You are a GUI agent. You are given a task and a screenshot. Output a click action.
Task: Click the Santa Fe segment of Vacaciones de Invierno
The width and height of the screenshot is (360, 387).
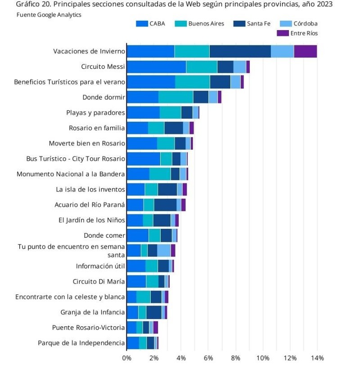240,51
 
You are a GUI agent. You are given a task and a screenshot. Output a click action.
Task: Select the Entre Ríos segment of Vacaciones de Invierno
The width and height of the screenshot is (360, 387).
305,51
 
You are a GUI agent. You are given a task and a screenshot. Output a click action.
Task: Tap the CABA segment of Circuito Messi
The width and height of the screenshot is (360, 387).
156,67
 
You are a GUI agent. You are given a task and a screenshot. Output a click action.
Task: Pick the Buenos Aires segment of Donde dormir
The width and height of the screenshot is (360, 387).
175,97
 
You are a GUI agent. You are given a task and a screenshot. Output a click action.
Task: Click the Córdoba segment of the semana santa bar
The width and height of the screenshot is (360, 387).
164,250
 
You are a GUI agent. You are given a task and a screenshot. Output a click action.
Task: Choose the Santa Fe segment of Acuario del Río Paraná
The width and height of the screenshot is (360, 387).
165,205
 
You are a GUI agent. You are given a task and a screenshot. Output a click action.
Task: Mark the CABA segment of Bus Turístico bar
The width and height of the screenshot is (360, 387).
144,159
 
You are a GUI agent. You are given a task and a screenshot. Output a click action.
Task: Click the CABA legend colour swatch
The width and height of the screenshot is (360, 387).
142,24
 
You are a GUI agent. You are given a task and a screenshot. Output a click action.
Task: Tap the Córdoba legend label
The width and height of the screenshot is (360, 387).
306,24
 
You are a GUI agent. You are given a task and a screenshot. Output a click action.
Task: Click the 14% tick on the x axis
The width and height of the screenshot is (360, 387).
317,358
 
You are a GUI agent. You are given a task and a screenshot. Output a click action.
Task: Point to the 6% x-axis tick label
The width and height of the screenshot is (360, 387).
208,358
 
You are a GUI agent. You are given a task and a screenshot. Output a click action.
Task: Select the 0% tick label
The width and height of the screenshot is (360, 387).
127,358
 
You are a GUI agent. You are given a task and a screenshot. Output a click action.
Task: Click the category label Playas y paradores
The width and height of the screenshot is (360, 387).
95,113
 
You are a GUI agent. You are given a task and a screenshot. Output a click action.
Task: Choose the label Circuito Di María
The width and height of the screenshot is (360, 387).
99,281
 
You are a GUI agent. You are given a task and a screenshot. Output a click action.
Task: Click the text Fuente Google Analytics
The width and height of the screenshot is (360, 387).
43,15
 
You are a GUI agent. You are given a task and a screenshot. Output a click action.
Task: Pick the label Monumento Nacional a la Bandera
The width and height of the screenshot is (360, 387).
71,174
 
